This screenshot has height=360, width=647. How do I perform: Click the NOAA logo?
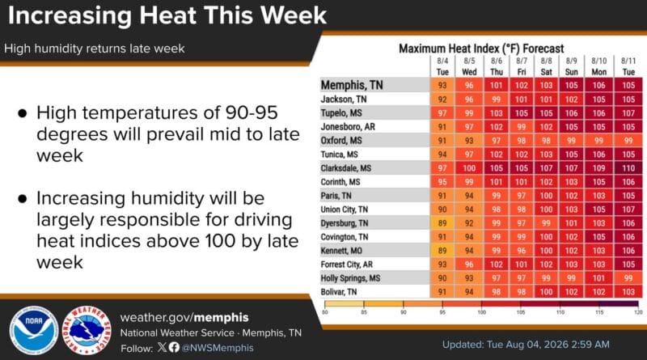34,330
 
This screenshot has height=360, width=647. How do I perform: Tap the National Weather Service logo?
87,330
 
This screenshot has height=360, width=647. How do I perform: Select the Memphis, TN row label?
352,85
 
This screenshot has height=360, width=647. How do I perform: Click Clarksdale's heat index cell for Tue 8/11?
628,168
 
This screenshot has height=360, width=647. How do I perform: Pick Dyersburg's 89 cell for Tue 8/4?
442,223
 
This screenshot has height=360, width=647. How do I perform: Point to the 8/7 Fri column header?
522,66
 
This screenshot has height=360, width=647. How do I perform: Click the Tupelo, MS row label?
341,112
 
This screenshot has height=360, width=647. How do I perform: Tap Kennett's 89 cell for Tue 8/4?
442,251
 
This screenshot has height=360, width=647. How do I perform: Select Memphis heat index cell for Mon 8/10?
598,85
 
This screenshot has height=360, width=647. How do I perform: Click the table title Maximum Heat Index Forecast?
481,49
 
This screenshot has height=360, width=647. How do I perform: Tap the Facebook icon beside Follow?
174,347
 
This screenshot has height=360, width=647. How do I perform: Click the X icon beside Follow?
162,347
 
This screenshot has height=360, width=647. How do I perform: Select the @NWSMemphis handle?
218,348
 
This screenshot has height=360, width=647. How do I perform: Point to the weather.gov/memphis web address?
184,317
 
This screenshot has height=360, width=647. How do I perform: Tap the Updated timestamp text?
526,345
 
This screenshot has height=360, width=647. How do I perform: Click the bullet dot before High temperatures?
23,113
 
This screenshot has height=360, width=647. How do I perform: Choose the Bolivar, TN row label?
338,292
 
